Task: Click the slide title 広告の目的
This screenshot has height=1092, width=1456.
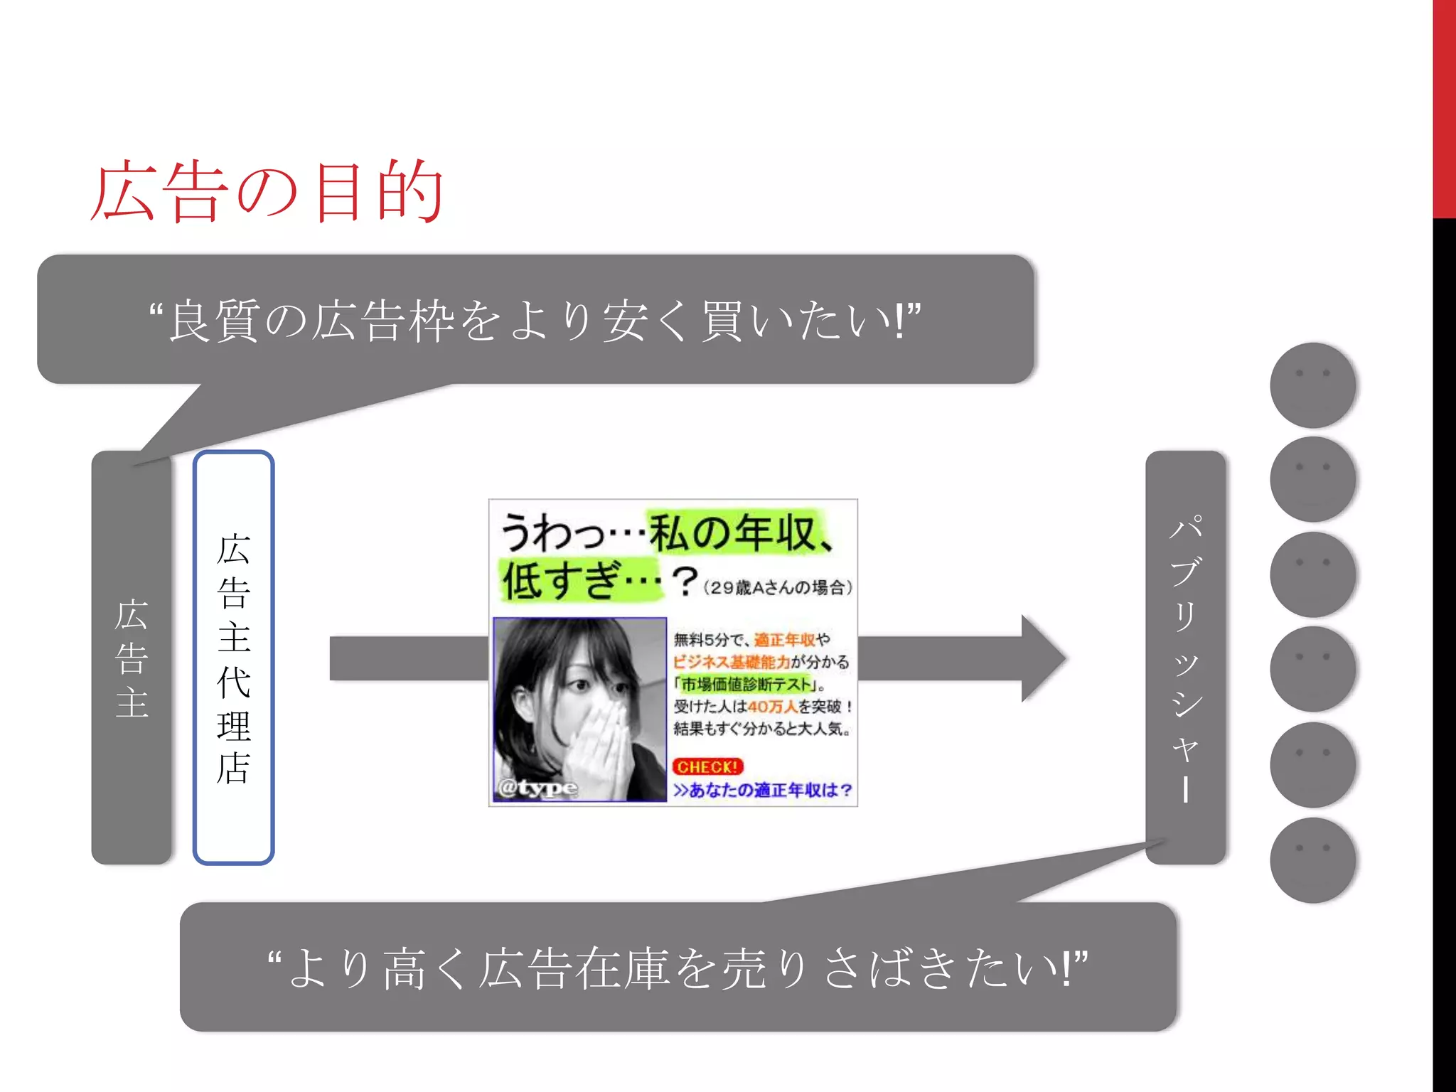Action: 267,192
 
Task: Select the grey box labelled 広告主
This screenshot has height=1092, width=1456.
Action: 132,658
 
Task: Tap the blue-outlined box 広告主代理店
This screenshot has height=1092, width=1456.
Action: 233,658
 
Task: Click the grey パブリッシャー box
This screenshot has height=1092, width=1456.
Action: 1185,658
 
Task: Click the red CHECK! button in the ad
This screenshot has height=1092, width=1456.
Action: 707,766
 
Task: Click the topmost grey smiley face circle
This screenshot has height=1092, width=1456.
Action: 1312,385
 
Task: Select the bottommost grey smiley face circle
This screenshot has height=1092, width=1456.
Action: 1312,860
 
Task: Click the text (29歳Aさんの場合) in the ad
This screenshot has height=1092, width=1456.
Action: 778,588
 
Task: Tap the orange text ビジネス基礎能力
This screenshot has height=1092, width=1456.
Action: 732,662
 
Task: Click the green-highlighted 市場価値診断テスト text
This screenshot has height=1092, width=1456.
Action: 746,685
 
